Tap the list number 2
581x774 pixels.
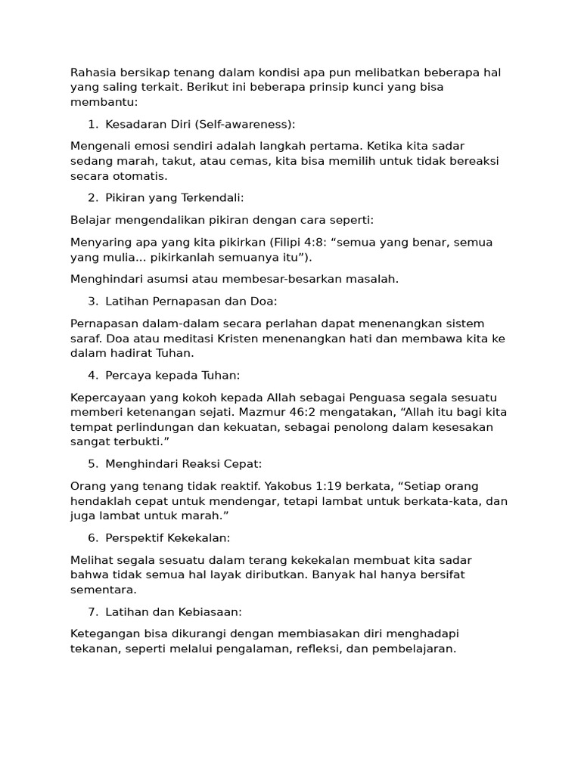coord(92,198)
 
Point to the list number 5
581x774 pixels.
coord(92,463)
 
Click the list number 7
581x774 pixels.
coord(92,611)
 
